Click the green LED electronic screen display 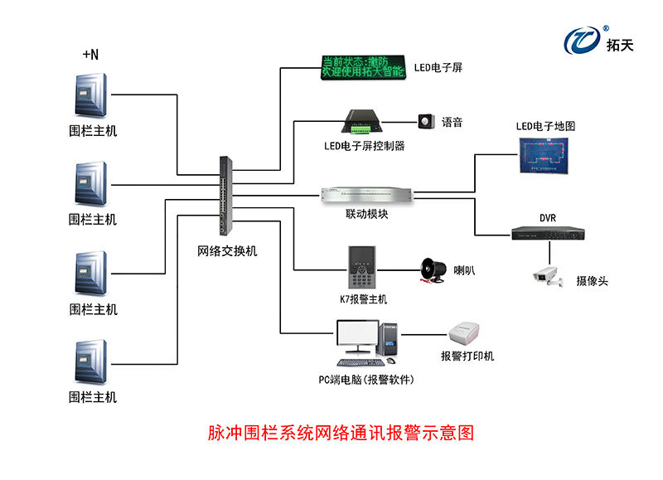click(x=362, y=67)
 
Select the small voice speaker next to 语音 click(x=427, y=122)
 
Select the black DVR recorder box click(x=547, y=234)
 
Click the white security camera click(x=548, y=274)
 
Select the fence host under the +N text click(x=92, y=95)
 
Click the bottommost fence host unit click(x=92, y=362)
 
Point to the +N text click(x=90, y=55)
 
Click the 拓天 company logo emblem click(x=581, y=39)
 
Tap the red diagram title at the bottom click(x=340, y=433)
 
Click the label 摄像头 click(x=592, y=281)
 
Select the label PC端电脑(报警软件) click(x=365, y=380)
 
